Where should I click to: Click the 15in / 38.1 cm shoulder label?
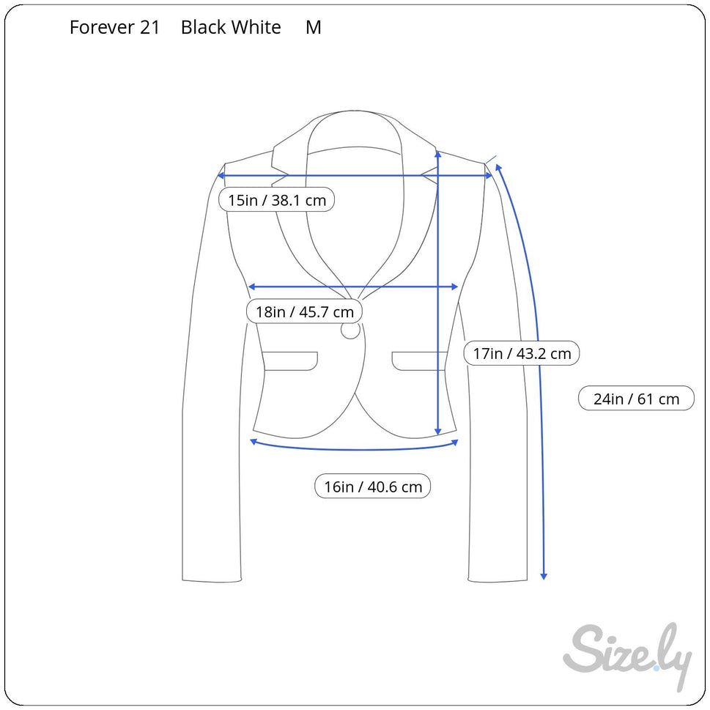(277, 200)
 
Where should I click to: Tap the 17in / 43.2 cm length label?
(522, 354)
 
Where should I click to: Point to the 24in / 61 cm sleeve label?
(636, 399)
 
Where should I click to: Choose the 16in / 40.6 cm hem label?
(373, 487)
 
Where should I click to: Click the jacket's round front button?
(350, 330)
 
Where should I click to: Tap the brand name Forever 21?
(114, 28)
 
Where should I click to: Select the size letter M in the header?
(314, 28)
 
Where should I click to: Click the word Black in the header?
(203, 28)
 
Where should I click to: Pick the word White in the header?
(256, 28)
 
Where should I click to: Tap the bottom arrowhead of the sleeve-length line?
(544, 576)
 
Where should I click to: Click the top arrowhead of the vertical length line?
(437, 154)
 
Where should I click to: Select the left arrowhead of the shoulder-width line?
(222, 175)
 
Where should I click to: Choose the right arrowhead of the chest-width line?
(455, 286)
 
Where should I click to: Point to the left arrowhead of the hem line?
(254, 441)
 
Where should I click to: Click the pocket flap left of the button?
(290, 360)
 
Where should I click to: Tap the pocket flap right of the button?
(419, 360)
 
